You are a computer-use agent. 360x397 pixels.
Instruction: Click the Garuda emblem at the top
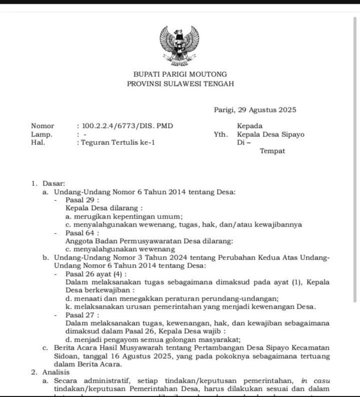180,45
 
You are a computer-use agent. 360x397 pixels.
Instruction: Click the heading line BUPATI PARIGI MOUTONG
180,74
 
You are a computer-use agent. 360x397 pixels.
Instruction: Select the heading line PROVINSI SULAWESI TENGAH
180,84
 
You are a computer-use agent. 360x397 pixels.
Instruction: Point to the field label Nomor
43,126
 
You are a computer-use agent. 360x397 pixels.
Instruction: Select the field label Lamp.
41,134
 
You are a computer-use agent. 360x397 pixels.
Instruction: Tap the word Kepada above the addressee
250,126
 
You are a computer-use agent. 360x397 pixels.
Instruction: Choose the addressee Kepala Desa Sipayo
270,134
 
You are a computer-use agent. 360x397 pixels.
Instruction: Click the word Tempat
272,151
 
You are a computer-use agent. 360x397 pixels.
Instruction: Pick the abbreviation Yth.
220,134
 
